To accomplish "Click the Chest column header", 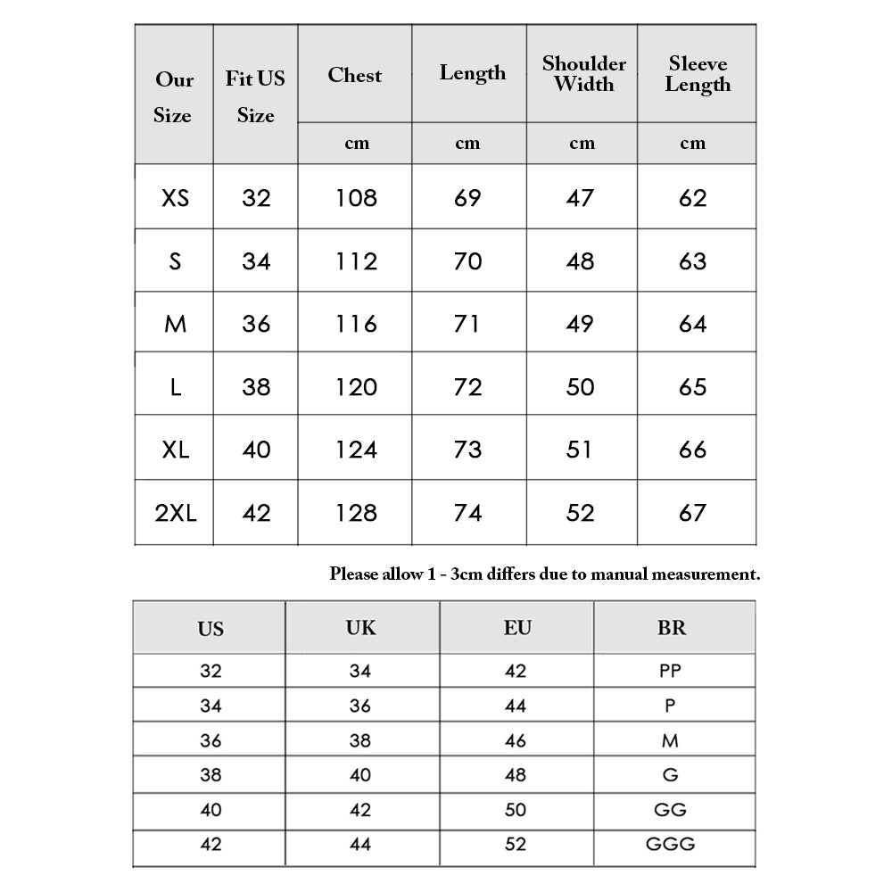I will point(355,75).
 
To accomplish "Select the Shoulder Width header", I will point(583,74).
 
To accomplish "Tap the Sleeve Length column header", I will point(697,74).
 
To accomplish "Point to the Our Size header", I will point(173,97).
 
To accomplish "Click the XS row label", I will point(176,198).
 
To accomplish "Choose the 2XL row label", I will point(176,513).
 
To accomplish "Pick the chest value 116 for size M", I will point(356,324).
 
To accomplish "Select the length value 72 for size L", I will point(467,387).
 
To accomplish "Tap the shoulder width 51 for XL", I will point(580,450).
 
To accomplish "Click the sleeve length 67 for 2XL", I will point(692,513).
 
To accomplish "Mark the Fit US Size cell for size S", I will point(256,261).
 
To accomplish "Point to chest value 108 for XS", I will point(356,198).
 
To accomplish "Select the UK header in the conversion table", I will point(360,628).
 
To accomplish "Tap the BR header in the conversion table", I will point(672,628).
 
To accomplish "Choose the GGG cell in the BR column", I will point(671,844).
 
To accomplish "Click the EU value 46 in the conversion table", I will point(516,740).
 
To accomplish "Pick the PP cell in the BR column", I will point(670,671).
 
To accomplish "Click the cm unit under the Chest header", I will point(356,144).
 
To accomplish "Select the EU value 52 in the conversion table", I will point(516,844).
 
